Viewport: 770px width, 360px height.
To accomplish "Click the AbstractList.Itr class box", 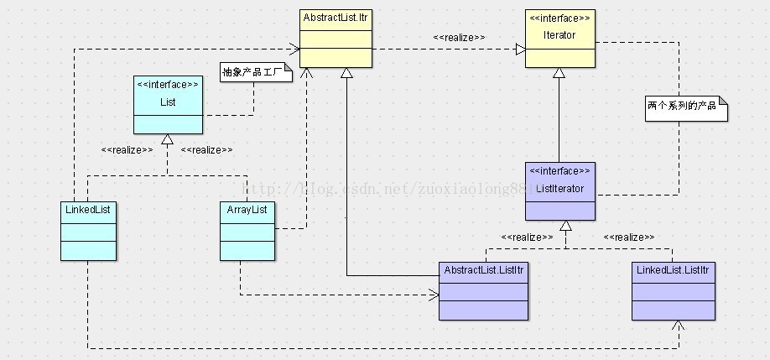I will (336, 37).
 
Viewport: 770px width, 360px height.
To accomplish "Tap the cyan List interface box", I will (168, 104).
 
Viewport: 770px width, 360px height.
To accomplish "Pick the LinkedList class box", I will (88, 230).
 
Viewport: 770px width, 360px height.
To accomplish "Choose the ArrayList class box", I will (247, 230).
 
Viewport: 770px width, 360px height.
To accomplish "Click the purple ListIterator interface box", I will (560, 190).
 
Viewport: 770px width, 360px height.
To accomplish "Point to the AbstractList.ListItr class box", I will (484, 290).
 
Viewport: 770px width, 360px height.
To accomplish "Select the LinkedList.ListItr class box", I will (674, 290).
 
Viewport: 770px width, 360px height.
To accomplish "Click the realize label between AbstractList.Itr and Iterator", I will (459, 38).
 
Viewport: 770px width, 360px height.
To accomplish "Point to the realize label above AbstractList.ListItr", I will (527, 237).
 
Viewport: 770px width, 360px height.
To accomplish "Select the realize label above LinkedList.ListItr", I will (628, 237).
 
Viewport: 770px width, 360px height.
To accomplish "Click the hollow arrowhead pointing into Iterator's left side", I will (520, 50).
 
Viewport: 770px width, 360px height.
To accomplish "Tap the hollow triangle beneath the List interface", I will (168, 139).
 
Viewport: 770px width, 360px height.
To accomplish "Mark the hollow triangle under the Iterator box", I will (559, 74).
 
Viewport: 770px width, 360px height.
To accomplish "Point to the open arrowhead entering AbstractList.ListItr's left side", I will (434, 295).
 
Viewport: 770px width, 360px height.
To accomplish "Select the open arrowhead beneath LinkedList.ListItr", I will (678, 326).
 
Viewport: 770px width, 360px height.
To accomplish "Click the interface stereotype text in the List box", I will (168, 85).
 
